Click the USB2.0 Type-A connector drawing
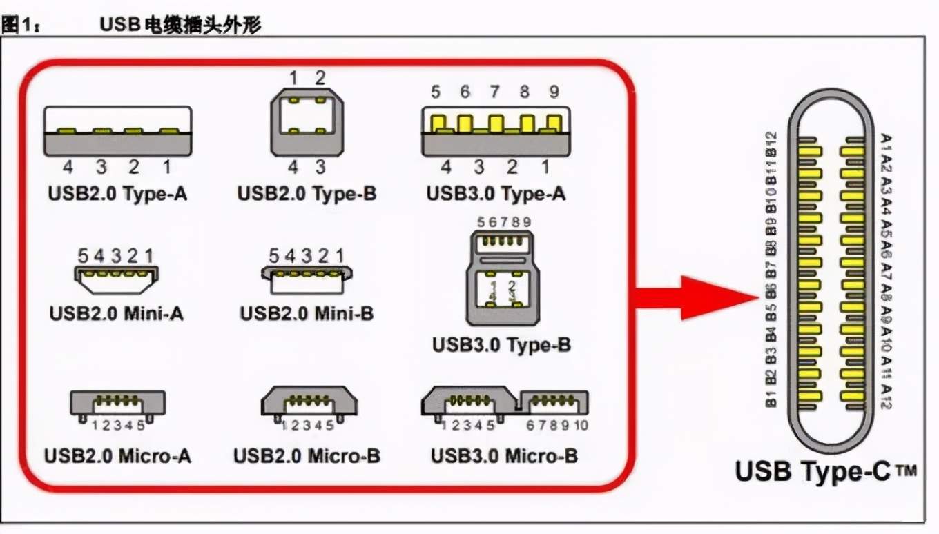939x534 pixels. coord(117,131)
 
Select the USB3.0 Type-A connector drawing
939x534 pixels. coord(496,130)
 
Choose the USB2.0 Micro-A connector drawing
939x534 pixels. coord(117,403)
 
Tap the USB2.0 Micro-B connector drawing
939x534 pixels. coord(308,402)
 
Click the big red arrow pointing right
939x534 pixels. coord(694,298)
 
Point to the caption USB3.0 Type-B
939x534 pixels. coord(501,344)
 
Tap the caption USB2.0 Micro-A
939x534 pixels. coord(117,456)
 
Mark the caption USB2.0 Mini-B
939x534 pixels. coord(307,313)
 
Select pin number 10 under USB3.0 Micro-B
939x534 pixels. coord(581,425)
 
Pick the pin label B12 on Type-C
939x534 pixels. coord(773,143)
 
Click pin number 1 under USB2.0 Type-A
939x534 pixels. coord(167,167)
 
